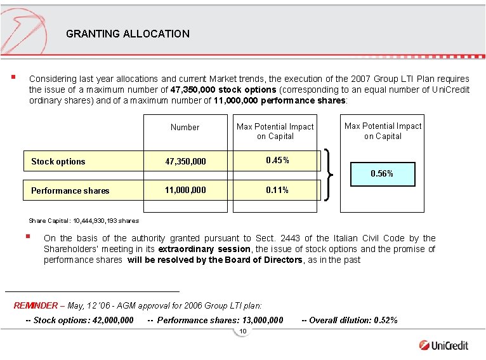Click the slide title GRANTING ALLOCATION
[128, 34]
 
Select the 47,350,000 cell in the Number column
[185, 162]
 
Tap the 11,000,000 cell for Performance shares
[185, 190]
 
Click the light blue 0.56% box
[382, 173]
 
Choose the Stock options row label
[58, 162]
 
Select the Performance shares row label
[70, 190]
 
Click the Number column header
[185, 127]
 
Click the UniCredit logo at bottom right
[443, 345]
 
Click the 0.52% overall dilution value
[385, 320]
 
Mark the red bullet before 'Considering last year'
[13, 79]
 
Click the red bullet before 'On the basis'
[28, 237]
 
